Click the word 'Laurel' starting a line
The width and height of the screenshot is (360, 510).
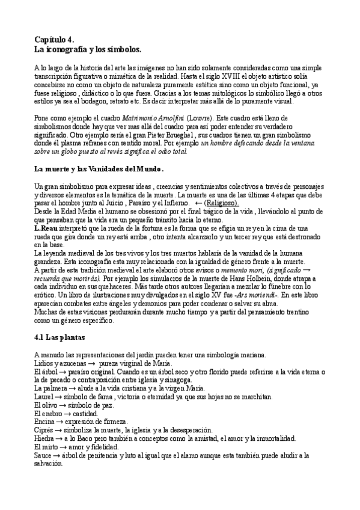click(x=44, y=397)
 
